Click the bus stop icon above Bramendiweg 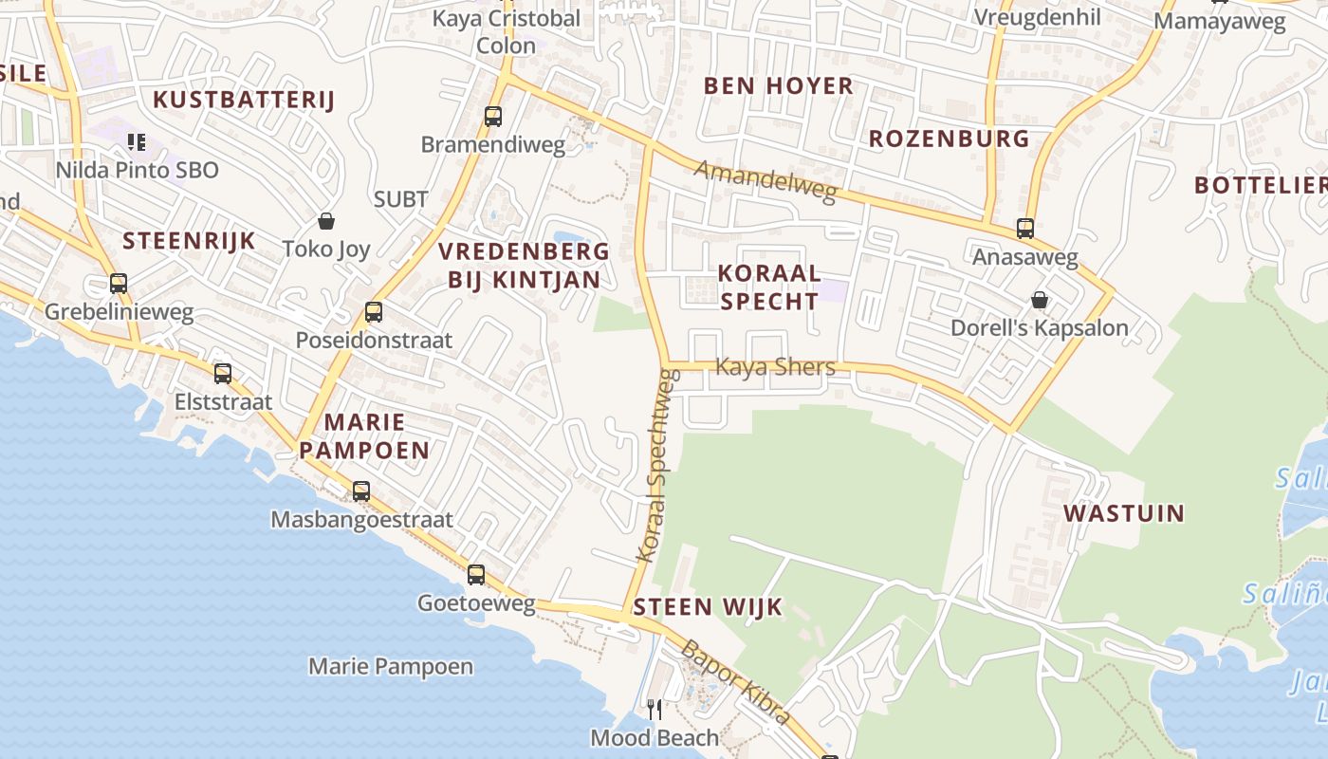[x=493, y=117]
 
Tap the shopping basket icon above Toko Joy [x=326, y=221]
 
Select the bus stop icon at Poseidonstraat [x=374, y=311]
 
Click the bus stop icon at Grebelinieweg [x=119, y=284]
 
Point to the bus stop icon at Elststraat [x=223, y=374]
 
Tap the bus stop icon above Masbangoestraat [x=361, y=491]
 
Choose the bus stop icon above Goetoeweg [x=476, y=575]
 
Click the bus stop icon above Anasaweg [x=1025, y=229]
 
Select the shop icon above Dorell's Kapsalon [x=1040, y=300]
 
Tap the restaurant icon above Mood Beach [x=655, y=710]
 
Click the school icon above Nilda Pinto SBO [x=137, y=142]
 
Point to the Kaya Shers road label [x=775, y=366]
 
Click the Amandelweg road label [x=765, y=180]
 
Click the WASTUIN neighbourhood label [x=1124, y=513]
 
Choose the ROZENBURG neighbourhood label [x=950, y=139]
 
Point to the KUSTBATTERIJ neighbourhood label [x=245, y=100]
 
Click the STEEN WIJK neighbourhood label [x=708, y=607]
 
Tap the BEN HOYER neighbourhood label [x=779, y=85]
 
